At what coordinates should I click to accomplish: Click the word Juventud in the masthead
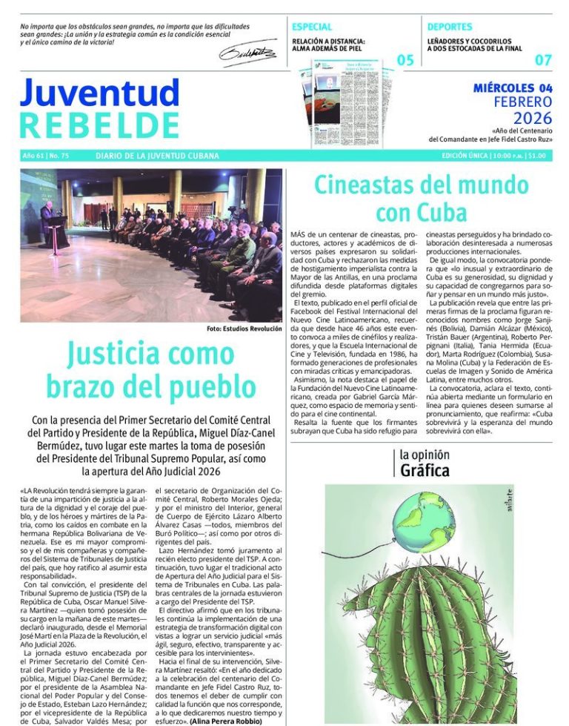click(x=99, y=93)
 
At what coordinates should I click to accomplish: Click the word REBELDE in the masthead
click(x=99, y=125)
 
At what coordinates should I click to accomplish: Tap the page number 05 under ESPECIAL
click(x=405, y=61)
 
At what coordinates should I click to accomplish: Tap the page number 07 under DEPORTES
click(x=543, y=61)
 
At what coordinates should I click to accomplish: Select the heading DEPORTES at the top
click(x=450, y=27)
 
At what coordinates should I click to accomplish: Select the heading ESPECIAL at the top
click(x=312, y=27)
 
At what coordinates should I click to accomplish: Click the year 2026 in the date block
click(x=533, y=118)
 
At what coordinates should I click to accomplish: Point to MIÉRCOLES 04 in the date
click(x=513, y=88)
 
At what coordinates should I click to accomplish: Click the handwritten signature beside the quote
click(x=247, y=53)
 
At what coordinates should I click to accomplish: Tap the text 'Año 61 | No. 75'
click(x=46, y=156)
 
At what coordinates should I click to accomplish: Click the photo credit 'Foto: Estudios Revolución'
click(x=244, y=329)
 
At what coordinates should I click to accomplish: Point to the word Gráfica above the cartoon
click(x=425, y=471)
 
